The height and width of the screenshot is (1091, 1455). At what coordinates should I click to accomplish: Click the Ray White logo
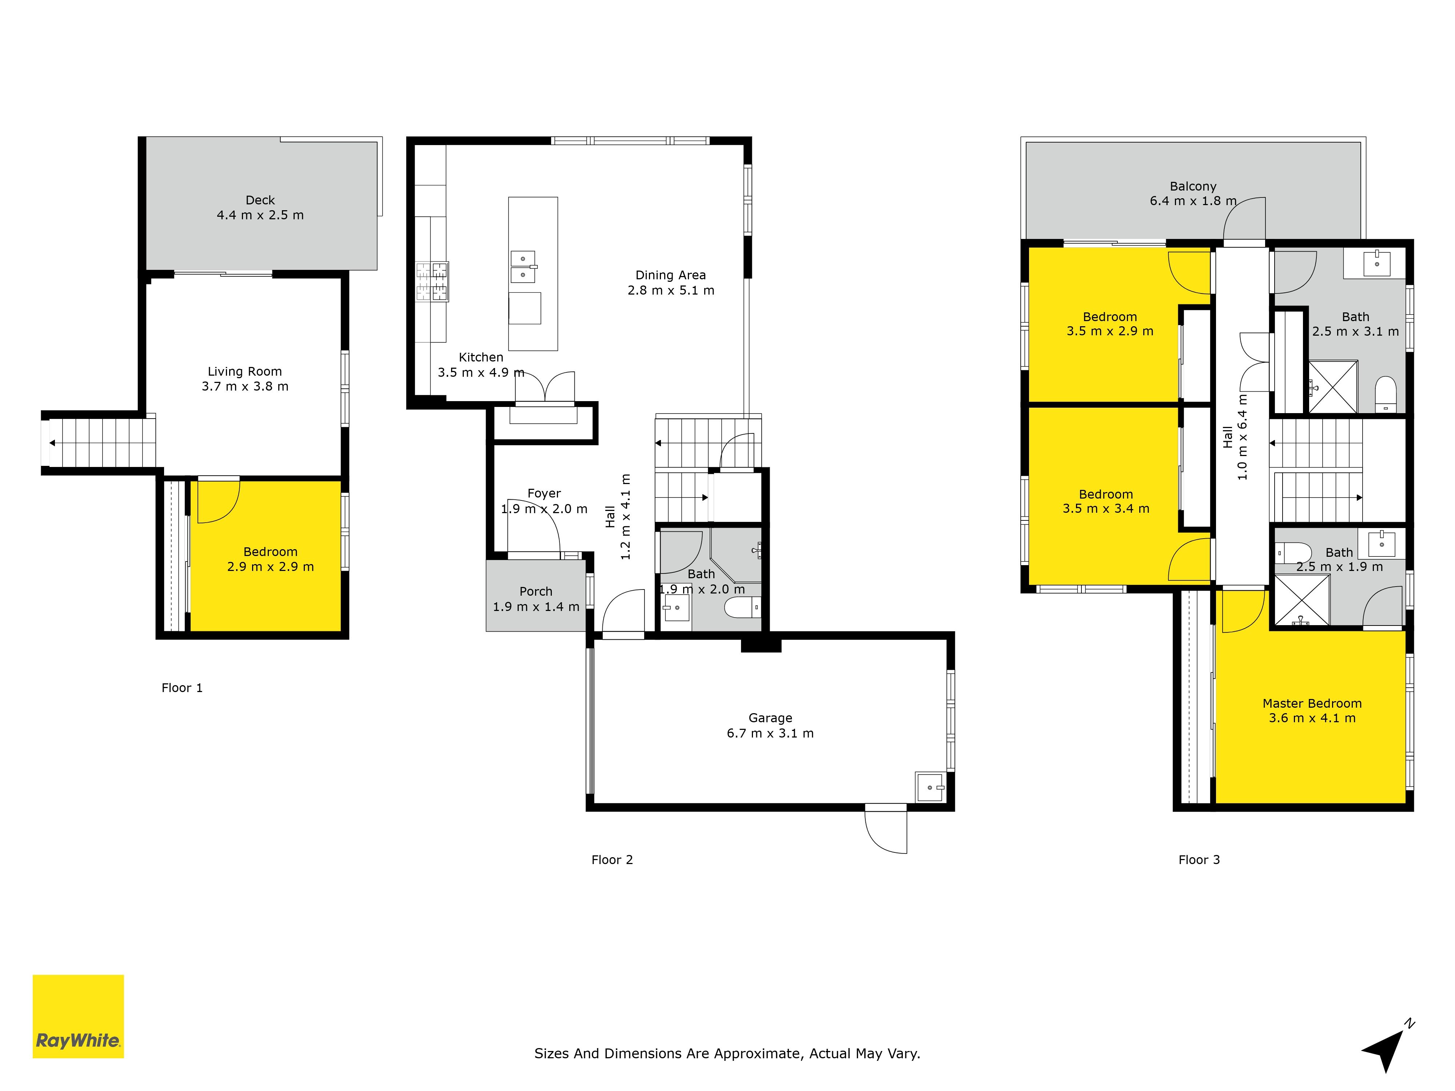pyautogui.click(x=78, y=1016)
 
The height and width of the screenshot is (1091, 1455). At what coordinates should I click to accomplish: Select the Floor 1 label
pyautogui.click(x=182, y=688)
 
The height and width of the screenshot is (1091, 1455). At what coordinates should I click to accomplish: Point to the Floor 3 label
pyautogui.click(x=1199, y=859)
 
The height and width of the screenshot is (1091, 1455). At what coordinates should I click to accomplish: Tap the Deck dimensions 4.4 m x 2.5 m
pyautogui.click(x=260, y=215)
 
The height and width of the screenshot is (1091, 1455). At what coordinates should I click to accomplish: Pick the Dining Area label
pyautogui.click(x=670, y=275)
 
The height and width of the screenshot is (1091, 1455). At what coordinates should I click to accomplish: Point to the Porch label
pyautogui.click(x=536, y=591)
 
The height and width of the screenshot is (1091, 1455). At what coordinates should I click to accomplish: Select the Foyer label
pyautogui.click(x=544, y=493)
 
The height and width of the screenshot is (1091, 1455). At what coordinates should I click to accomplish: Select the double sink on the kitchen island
pyautogui.click(x=523, y=266)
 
